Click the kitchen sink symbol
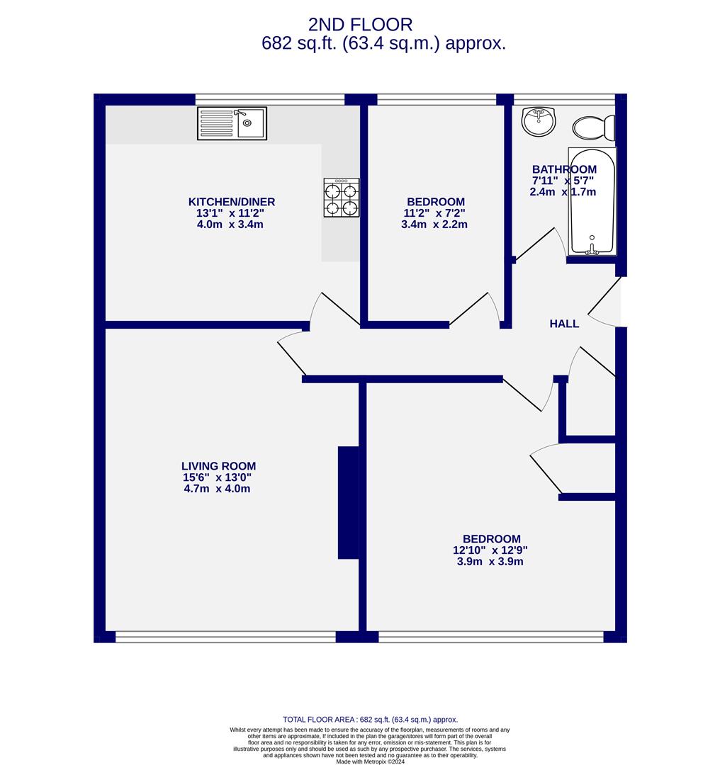232,123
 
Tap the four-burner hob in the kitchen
342,198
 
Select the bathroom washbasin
539,121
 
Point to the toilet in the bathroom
592,127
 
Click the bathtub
592,201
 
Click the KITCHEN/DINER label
231,202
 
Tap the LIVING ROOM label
218,466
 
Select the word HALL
564,324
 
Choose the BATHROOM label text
564,169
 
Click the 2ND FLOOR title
360,25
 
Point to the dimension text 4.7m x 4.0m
217,489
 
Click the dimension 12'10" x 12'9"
490,550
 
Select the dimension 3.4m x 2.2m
434,225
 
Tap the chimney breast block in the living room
348,503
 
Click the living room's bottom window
225,637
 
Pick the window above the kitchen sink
269,99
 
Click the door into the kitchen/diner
333,310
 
